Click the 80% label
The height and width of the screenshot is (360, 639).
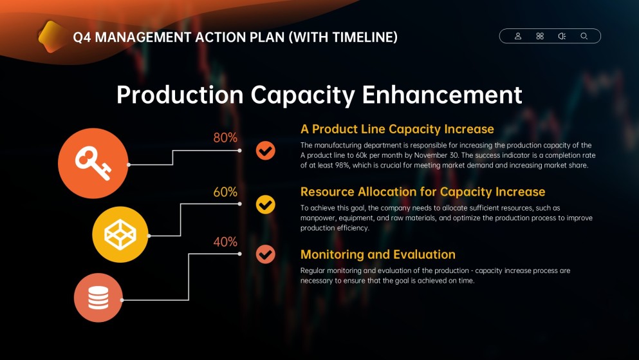tap(225, 138)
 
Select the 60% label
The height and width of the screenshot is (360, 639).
tap(225, 192)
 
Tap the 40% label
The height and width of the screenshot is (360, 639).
tap(225, 242)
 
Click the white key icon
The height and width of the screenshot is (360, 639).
tap(93, 163)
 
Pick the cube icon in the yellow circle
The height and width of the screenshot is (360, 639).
tap(120, 234)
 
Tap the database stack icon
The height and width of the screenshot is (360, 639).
tap(98, 298)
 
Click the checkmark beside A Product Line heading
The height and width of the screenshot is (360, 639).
tap(265, 151)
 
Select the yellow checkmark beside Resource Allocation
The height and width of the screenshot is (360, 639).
tap(265, 204)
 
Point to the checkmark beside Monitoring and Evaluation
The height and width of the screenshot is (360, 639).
tap(265, 254)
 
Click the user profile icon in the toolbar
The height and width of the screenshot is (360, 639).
tap(518, 36)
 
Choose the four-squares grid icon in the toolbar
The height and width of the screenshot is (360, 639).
tap(540, 36)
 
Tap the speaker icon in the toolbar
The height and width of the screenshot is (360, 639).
tap(562, 36)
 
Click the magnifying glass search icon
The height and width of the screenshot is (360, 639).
tap(584, 36)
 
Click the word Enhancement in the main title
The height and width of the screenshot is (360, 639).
tap(441, 95)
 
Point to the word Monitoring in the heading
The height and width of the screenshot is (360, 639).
tap(331, 255)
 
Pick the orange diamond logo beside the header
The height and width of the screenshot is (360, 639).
tap(52, 37)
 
